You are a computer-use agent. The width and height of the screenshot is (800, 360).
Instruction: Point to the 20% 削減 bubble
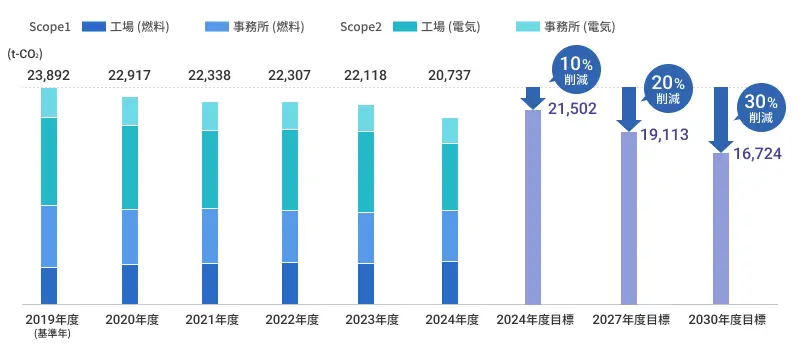(665, 91)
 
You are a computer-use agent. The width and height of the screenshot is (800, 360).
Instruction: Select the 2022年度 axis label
(291, 320)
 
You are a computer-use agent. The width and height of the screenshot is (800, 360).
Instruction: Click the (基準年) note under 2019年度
(49, 335)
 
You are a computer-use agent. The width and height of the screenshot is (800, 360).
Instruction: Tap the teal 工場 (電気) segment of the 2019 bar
(49, 161)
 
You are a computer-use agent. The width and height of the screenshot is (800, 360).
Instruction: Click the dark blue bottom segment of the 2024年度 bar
(450, 282)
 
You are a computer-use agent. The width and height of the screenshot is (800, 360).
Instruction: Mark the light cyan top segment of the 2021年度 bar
(210, 116)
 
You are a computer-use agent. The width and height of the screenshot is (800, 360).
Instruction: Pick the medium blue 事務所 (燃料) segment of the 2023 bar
(367, 238)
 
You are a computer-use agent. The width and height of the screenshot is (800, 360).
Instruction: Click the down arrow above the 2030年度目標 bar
(721, 118)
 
